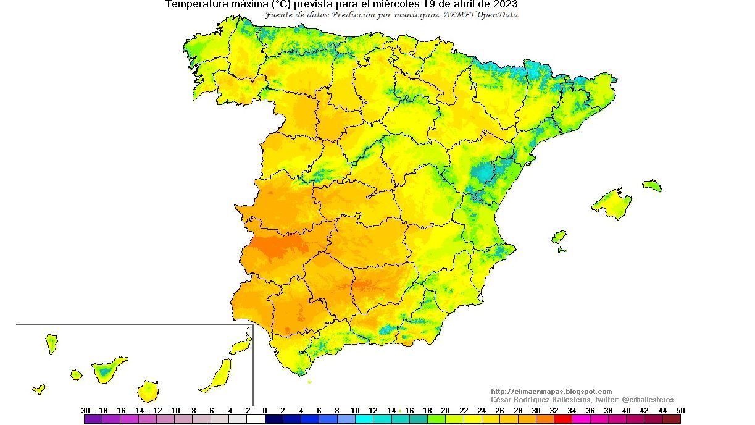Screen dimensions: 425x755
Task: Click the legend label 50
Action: (680, 410)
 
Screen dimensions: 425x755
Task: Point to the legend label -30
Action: (85, 410)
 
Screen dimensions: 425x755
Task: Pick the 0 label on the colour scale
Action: (265, 410)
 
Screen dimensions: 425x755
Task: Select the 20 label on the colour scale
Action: (445, 410)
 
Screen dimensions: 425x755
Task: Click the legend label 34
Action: (572, 410)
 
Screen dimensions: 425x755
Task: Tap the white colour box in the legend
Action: (256, 419)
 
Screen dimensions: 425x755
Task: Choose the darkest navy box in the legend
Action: (273, 419)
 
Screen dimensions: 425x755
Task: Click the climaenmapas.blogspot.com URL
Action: (551, 392)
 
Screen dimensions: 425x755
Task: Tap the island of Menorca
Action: (652, 185)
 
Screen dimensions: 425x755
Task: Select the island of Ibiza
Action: (559, 237)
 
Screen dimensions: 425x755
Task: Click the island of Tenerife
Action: (108, 369)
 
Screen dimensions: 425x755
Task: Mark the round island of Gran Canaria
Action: (148, 391)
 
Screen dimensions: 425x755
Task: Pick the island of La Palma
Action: (51, 343)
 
